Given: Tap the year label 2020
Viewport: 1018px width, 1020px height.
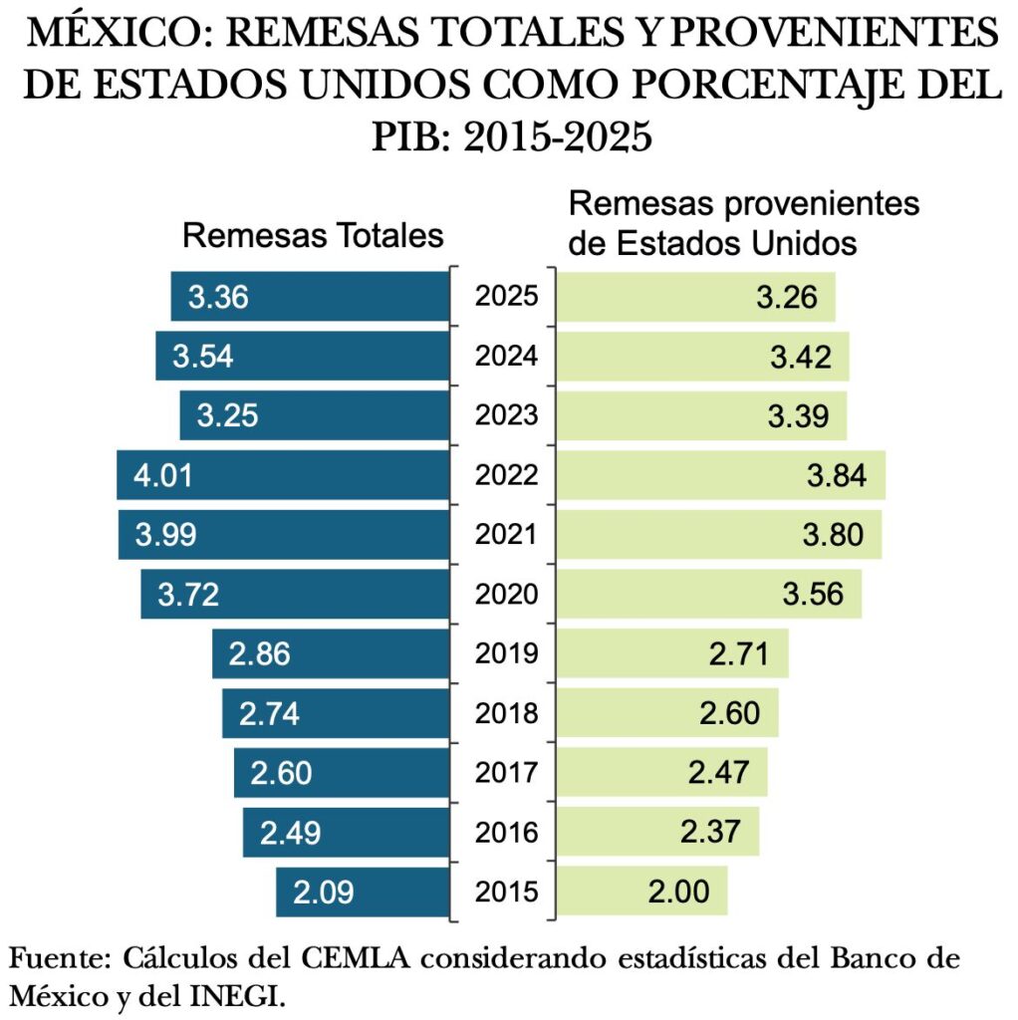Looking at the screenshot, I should pyautogui.click(x=506, y=595).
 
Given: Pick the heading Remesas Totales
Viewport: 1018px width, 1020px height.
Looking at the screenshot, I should pyautogui.click(x=313, y=236).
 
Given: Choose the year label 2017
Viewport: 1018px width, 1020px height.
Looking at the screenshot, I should pyautogui.click(x=506, y=772).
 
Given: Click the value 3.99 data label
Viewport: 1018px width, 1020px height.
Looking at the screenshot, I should pyautogui.click(x=166, y=535).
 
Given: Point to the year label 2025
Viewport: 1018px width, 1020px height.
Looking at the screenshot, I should pyautogui.click(x=506, y=297).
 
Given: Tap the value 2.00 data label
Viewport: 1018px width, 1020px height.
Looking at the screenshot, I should pyautogui.click(x=678, y=891).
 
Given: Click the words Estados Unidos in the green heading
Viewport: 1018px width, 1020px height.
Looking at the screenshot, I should pyautogui.click(x=733, y=242).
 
